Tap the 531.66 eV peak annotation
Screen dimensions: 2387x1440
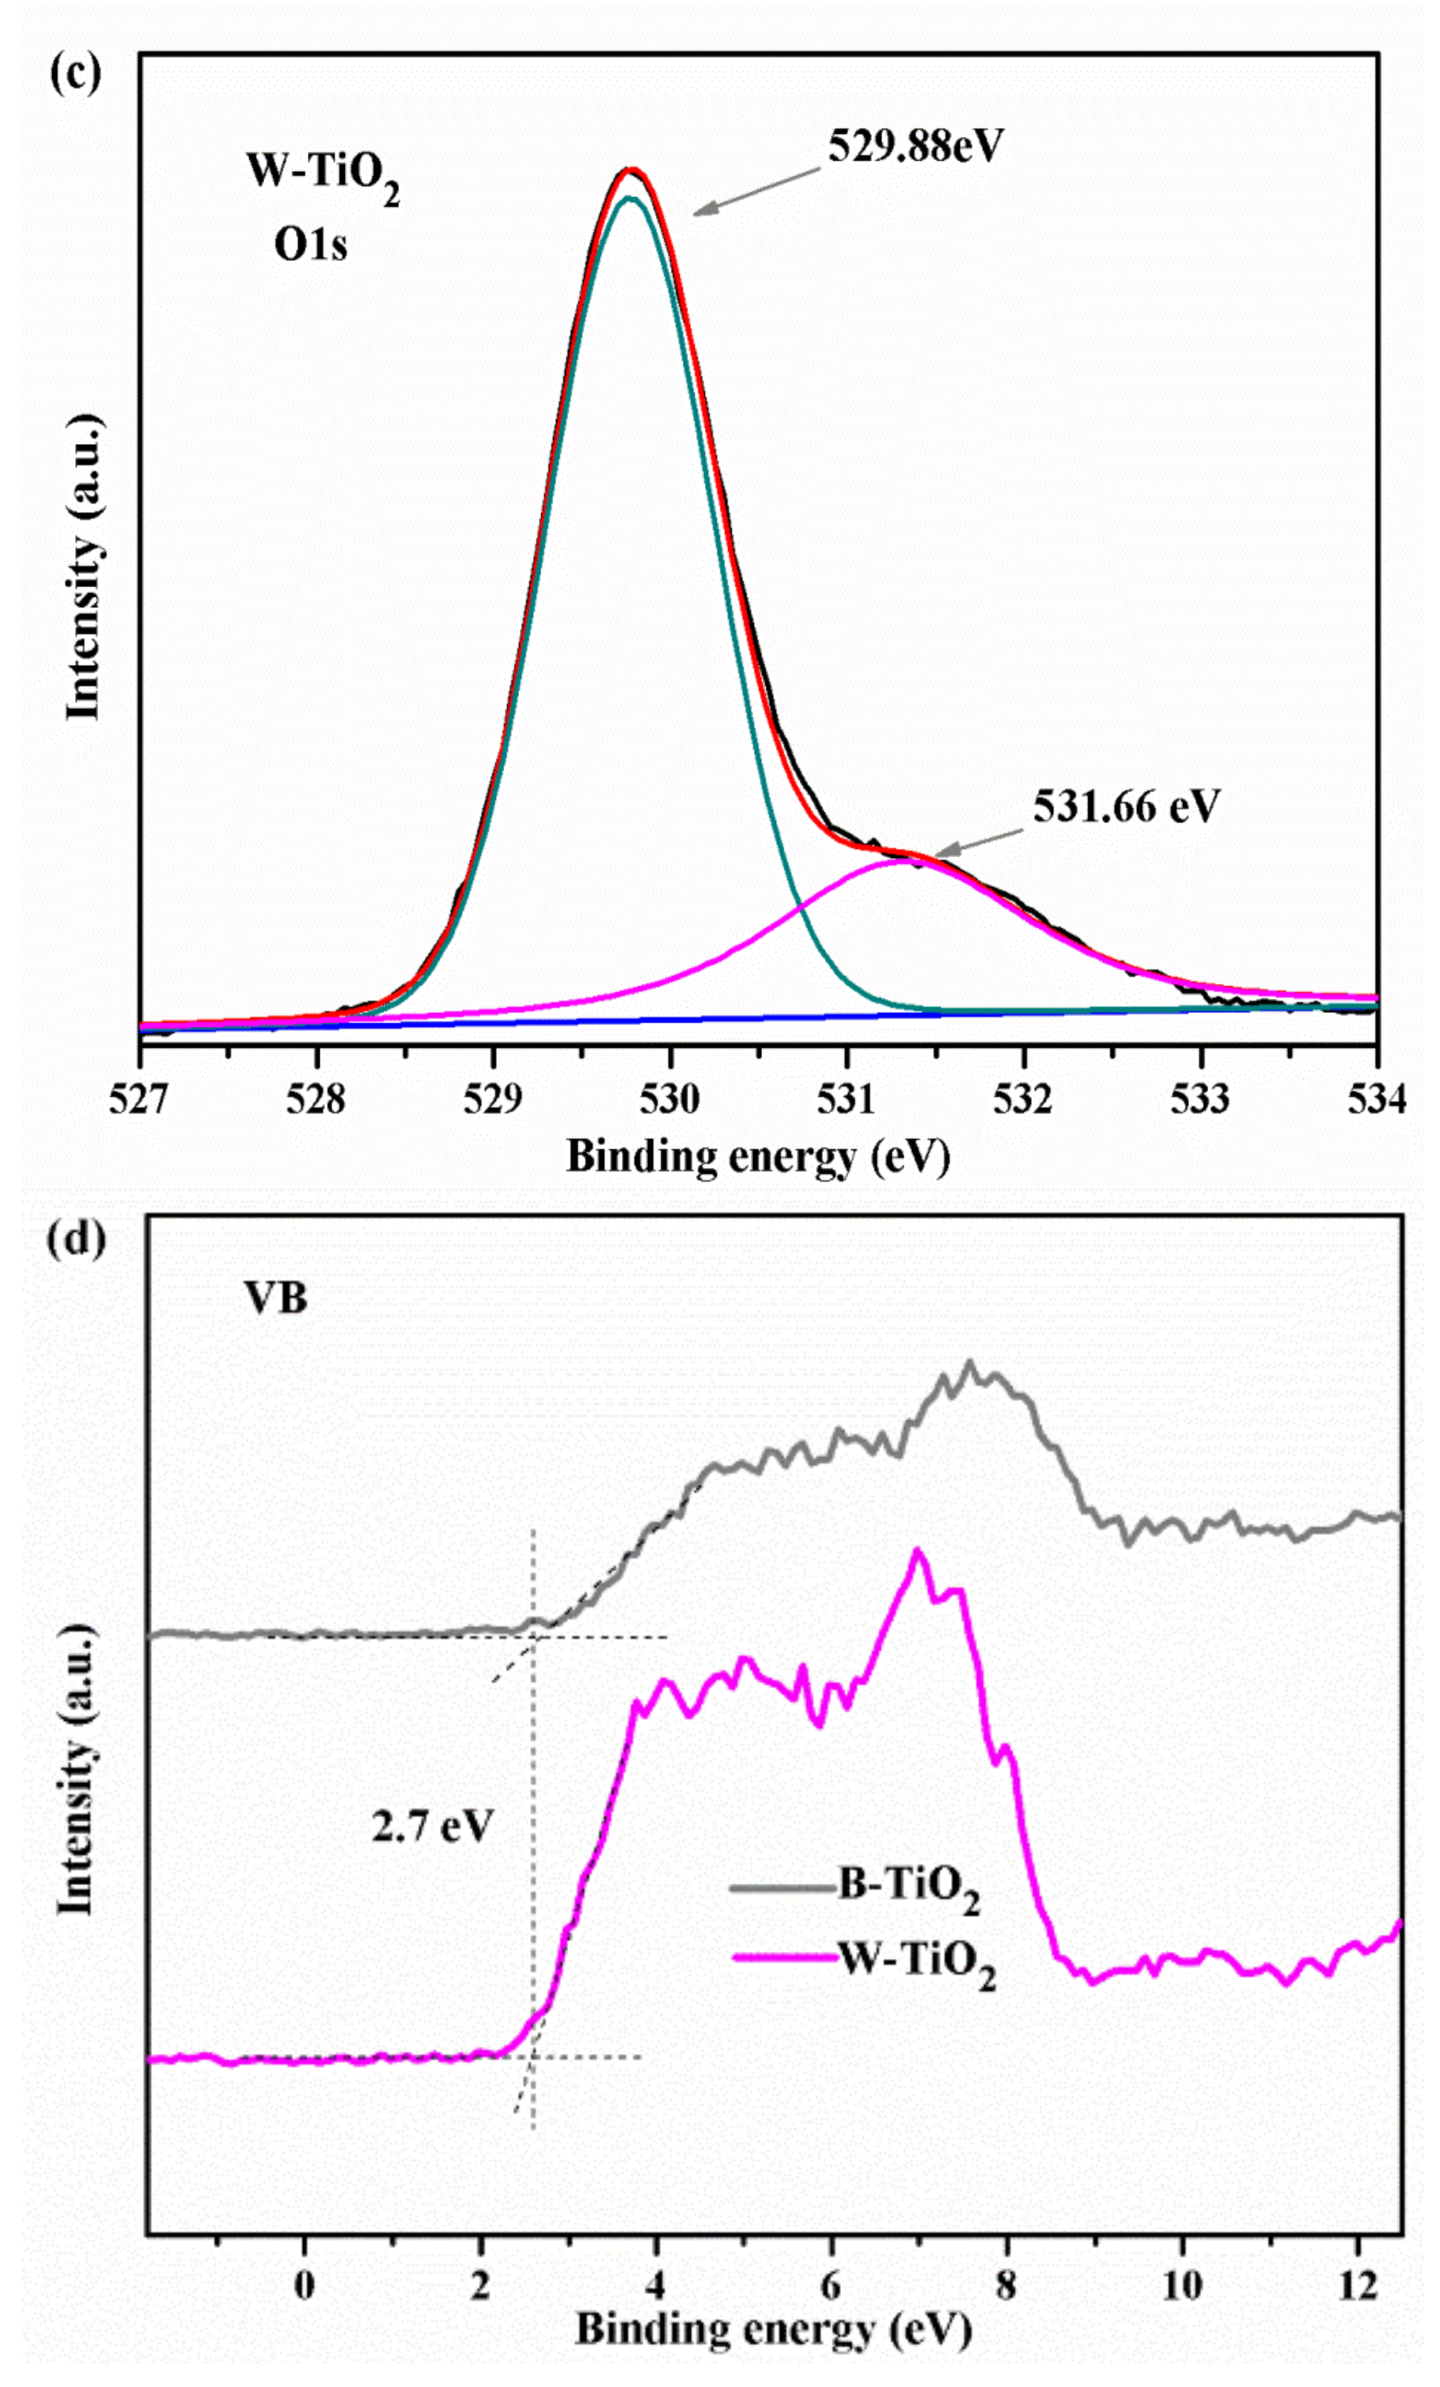[1125, 806]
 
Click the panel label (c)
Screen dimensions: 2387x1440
[74, 74]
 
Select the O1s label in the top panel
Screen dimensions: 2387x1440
[310, 245]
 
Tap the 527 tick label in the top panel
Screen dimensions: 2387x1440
[139, 1099]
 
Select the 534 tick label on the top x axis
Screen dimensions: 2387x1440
[1376, 1099]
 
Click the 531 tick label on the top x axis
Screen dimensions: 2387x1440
[847, 1099]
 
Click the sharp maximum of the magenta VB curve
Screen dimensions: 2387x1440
[917, 1552]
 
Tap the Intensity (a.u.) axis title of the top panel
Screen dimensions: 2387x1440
[83, 567]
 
